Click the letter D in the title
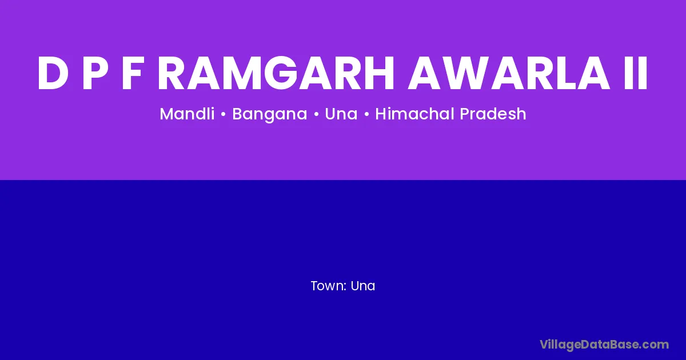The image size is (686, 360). point(53,73)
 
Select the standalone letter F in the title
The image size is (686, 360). point(132,73)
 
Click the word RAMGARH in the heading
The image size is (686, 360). point(276,73)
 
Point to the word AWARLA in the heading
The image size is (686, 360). point(509,73)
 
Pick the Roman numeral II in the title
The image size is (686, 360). point(636,73)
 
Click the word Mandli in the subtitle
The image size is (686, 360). point(187,114)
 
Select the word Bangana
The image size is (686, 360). point(269,114)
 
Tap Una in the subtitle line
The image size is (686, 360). point(341,114)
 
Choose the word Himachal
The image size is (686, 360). point(414,114)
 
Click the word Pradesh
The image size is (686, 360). point(493,114)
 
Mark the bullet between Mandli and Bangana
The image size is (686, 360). point(224,114)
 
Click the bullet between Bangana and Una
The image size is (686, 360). point(316,114)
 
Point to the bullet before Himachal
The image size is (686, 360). point(366,114)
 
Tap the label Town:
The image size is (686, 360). point(329,286)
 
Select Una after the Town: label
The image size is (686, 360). point(363,286)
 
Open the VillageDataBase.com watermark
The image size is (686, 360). point(604,345)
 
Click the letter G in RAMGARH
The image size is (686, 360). point(281,73)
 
